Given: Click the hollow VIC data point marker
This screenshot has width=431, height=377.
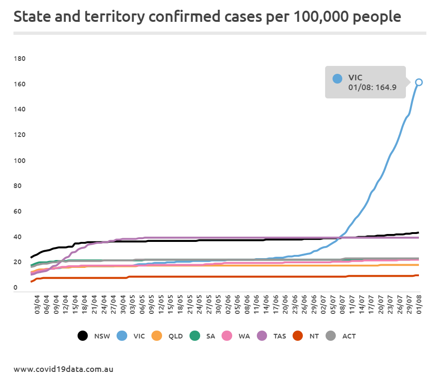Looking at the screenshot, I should (418, 82).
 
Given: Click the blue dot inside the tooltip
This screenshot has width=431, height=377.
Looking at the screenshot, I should (338, 79).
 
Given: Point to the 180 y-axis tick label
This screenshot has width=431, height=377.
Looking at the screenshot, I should (20, 58).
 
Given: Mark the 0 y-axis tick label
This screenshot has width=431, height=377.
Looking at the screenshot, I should (15, 288).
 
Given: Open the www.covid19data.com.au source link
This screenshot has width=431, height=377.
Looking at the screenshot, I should (63, 370).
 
